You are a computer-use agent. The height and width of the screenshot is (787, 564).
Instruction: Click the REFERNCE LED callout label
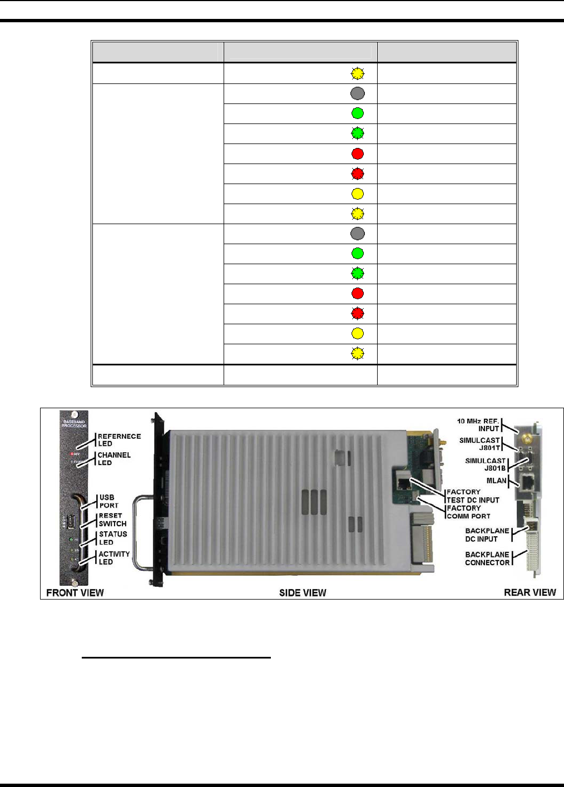coord(119,440)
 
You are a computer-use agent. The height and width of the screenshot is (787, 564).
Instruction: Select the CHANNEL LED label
coord(114,459)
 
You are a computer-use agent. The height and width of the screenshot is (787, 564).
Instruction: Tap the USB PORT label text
coord(109,501)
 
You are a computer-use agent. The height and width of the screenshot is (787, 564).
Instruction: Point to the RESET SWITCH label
coord(112,519)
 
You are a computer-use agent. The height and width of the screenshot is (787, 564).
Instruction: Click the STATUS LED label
coord(113,538)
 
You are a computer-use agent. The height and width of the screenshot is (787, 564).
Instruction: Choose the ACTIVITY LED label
coord(114,558)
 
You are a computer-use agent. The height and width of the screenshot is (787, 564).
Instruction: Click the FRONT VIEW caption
coord(75,592)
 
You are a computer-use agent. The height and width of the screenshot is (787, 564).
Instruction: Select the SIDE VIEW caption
coord(303,593)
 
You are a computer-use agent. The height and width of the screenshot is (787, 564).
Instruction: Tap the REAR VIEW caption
coord(530,592)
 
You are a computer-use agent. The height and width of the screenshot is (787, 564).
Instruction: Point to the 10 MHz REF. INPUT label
coord(478,424)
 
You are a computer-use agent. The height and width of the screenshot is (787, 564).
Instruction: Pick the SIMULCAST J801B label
coord(485,464)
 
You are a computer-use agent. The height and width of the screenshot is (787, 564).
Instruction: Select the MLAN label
coord(497,481)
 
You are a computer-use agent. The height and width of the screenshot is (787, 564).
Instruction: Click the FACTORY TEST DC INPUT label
coord(473,496)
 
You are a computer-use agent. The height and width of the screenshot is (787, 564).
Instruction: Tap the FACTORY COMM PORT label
coord(468,512)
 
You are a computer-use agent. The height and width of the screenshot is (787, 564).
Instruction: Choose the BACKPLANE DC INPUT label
coord(487,534)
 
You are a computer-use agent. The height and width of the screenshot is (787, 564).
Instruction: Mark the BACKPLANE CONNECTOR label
coord(487,558)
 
